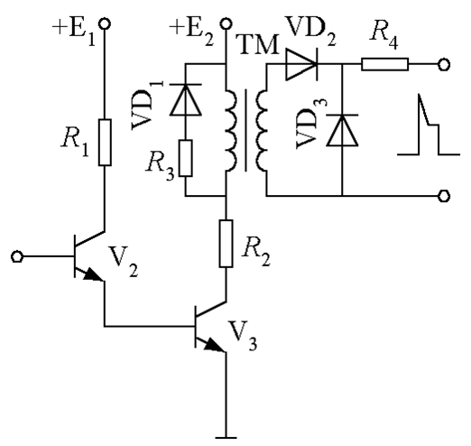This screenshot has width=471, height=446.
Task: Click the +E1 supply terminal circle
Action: pos(105,23)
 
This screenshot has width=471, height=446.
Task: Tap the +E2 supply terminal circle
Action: pos(226,23)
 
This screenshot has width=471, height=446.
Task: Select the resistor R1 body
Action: pos(105,143)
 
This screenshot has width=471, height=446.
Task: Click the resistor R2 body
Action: pos(226,244)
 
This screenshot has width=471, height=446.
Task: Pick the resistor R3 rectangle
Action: pos(186,158)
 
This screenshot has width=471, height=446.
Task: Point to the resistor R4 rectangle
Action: pos(385,64)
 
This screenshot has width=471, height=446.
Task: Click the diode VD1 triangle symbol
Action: pos(186,99)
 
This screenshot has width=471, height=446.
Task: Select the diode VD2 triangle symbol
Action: pos(301,64)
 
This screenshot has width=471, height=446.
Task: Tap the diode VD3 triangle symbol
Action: pos(342,130)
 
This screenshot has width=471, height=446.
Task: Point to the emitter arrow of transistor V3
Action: pos(215,345)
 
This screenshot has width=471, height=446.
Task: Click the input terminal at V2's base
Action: pos(17,256)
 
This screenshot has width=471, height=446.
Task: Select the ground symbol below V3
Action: pos(226,438)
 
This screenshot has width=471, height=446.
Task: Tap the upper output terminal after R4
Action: pos(444,65)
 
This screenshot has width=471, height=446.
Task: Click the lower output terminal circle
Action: pos(444,196)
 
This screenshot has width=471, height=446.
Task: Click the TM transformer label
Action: pos(259,45)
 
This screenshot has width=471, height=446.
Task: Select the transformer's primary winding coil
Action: pos(231,130)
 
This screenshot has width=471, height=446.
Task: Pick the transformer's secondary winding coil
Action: pos(262,130)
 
